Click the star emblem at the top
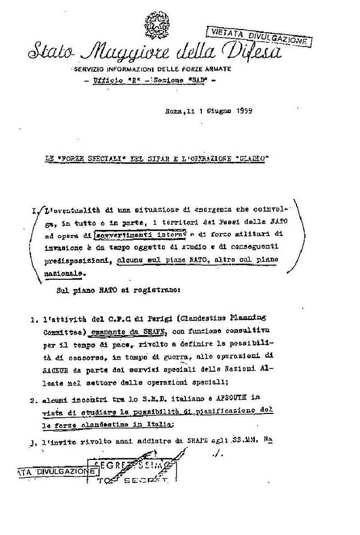(156, 24)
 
